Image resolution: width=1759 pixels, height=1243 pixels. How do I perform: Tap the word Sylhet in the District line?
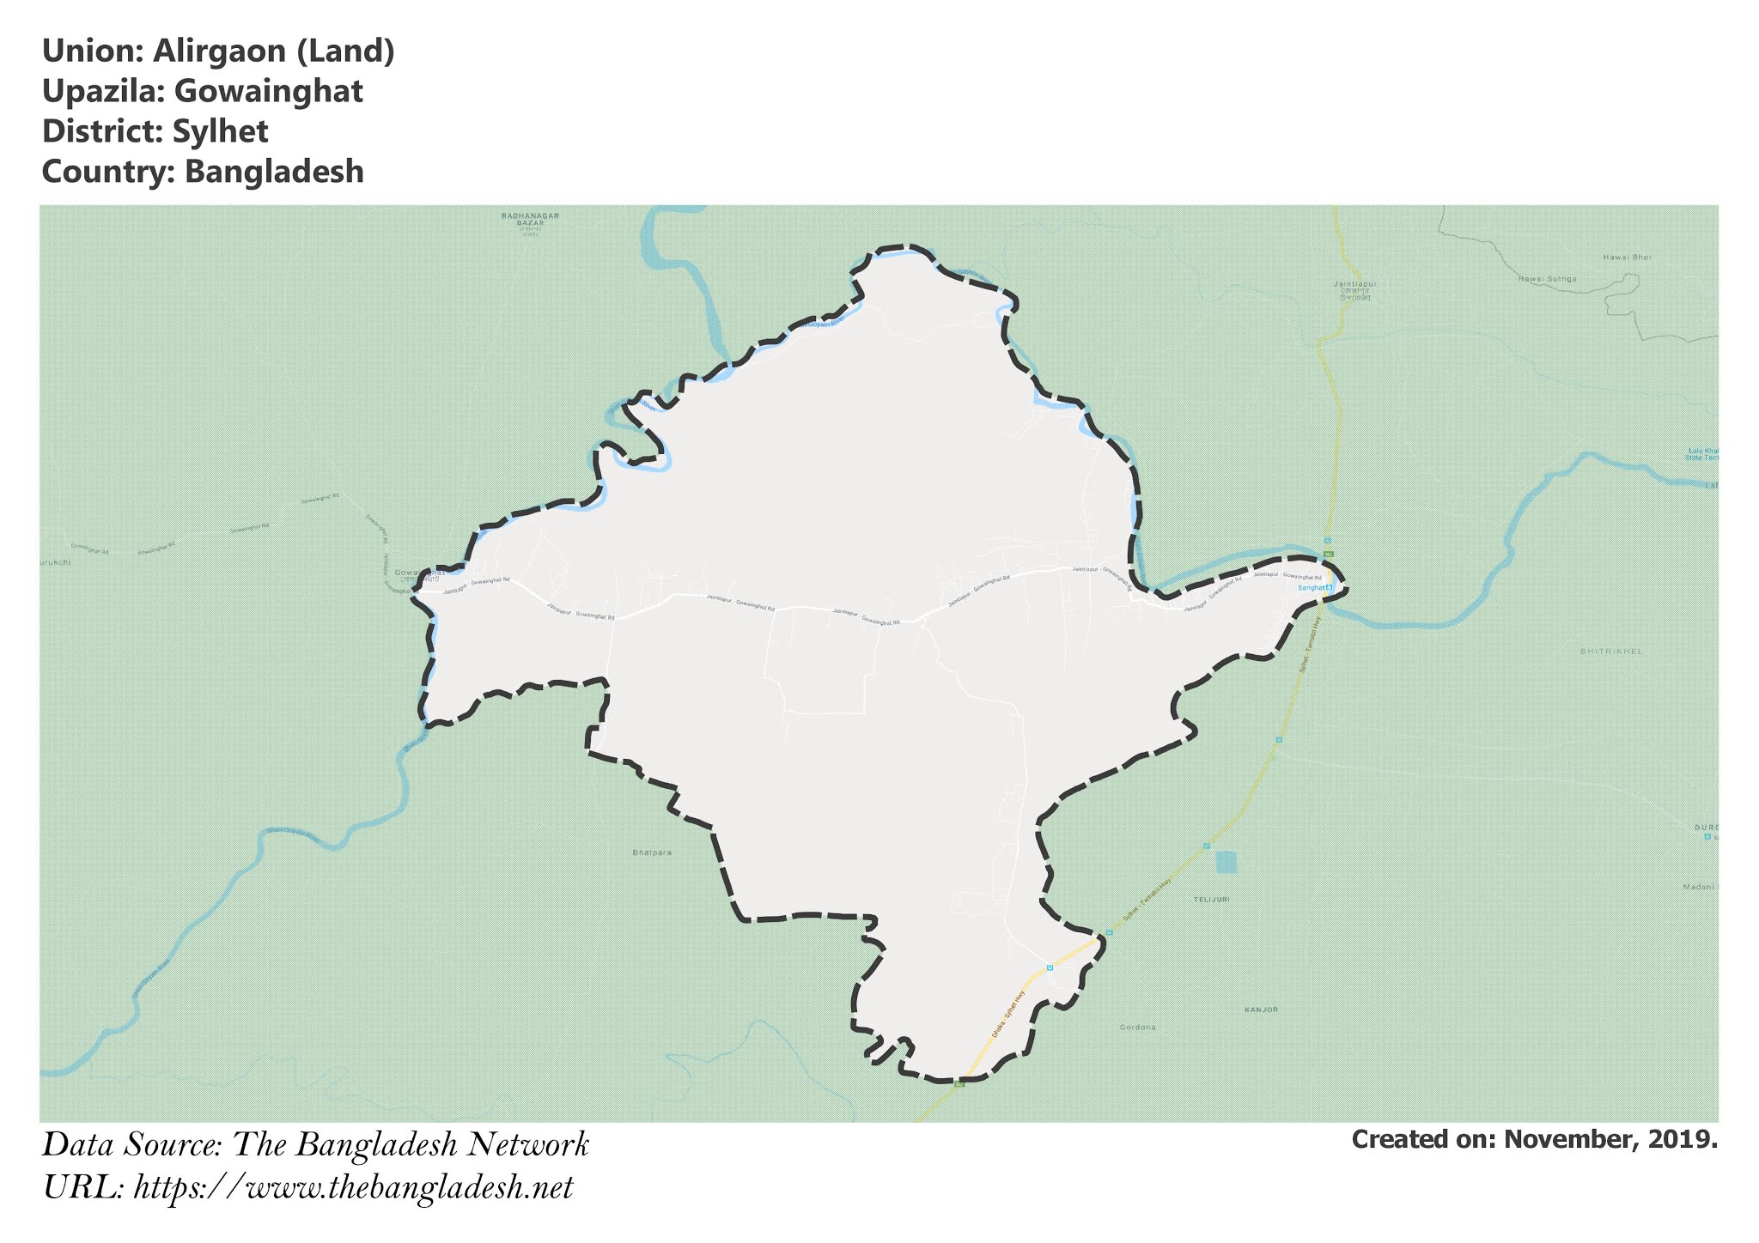tap(220, 131)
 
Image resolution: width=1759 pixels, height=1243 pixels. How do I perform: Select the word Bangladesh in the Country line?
tap(274, 172)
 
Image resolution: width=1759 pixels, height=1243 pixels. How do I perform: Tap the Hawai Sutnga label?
tap(1547, 279)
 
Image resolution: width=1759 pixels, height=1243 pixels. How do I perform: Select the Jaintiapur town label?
tap(1343, 282)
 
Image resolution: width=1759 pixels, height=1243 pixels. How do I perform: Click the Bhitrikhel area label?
tap(1611, 652)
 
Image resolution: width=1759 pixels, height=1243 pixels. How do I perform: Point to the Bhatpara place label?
tap(651, 852)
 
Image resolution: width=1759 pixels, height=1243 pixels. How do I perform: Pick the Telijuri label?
tap(1211, 899)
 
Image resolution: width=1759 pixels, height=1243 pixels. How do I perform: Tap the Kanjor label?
tap(1262, 1010)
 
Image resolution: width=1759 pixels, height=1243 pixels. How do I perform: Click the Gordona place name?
tap(1138, 1027)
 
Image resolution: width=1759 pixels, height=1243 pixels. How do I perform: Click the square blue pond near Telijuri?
tap(1226, 861)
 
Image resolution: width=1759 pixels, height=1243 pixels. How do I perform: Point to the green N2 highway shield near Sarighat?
tap(1328, 555)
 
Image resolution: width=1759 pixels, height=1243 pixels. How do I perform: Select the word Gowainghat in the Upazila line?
tap(268, 91)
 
